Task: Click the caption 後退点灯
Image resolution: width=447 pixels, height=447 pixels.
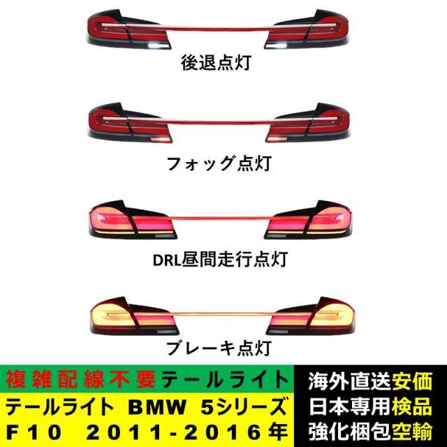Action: click(x=216, y=62)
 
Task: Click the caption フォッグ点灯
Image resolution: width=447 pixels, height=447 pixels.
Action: click(x=219, y=163)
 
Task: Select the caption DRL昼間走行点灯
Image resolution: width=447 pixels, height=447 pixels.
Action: click(x=220, y=259)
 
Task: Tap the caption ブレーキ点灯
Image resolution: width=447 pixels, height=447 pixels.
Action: click(x=219, y=348)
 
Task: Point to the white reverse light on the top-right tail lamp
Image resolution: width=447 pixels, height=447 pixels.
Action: click(x=281, y=44)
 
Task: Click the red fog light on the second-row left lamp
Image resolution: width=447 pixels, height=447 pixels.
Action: click(x=160, y=140)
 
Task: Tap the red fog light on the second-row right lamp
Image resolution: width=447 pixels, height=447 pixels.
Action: click(x=277, y=139)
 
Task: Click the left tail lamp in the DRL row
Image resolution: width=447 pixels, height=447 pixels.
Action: click(x=133, y=219)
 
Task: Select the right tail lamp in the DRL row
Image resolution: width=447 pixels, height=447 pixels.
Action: click(x=308, y=219)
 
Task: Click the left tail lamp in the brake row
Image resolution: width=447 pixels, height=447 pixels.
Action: click(x=134, y=316)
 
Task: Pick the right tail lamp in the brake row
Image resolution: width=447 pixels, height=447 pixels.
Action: click(x=310, y=316)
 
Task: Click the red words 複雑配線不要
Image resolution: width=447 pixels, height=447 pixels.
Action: click(x=81, y=380)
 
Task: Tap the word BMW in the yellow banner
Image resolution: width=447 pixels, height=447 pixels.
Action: click(x=157, y=407)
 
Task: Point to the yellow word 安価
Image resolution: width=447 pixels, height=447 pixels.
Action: click(x=412, y=381)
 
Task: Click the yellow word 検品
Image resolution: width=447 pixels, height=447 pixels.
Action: click(x=412, y=406)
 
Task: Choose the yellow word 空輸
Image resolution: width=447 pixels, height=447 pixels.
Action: click(x=412, y=432)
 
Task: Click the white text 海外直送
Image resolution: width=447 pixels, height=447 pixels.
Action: click(x=350, y=381)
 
